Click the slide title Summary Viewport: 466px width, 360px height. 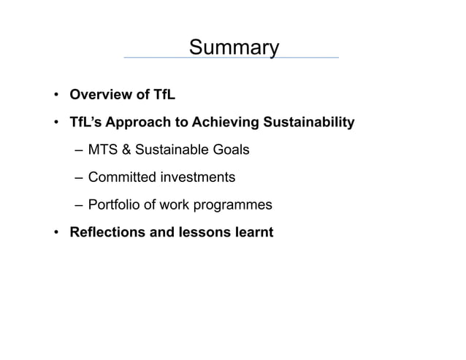pyautogui.click(x=233, y=47)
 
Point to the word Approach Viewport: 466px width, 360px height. pyautogui.click(x=140, y=123)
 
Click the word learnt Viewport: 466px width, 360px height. pyautogui.click(x=253, y=233)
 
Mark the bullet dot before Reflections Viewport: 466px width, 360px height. pyautogui.click(x=56, y=234)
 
